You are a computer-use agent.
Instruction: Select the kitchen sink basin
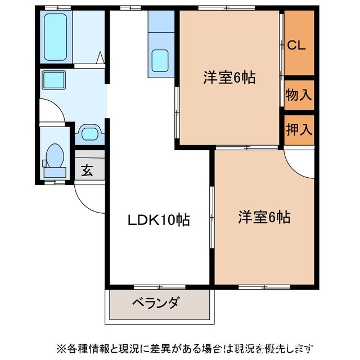click(x=160, y=60)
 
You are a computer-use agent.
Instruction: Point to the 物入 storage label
click(x=298, y=94)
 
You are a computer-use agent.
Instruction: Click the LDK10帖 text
click(x=157, y=219)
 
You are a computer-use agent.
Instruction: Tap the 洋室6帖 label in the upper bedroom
click(x=229, y=78)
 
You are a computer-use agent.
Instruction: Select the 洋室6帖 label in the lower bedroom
click(x=264, y=217)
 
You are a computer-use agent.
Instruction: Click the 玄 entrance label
click(x=87, y=170)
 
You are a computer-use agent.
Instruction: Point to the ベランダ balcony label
click(x=156, y=304)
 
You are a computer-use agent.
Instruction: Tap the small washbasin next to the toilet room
click(x=89, y=133)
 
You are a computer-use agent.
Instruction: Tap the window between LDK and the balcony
click(x=160, y=286)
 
